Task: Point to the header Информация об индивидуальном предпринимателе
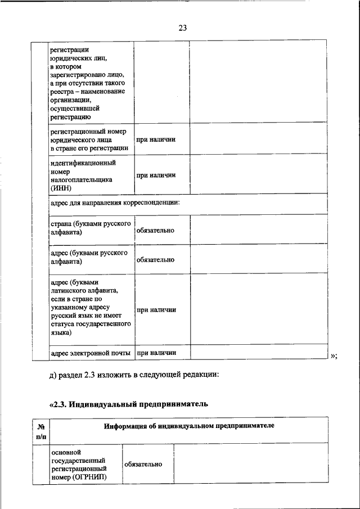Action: (x=189, y=426)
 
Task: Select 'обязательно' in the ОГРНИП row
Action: (x=143, y=464)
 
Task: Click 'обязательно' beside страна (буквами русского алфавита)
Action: (x=155, y=231)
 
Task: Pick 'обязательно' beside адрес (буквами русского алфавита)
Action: (x=155, y=260)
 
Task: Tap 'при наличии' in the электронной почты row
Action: (x=156, y=353)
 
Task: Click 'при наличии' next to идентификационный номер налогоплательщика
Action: (x=156, y=175)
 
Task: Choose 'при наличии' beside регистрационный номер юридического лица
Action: (x=156, y=139)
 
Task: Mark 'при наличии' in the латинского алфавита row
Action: (x=156, y=309)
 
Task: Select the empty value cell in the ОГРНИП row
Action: (x=250, y=464)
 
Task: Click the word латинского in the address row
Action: (x=69, y=291)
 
